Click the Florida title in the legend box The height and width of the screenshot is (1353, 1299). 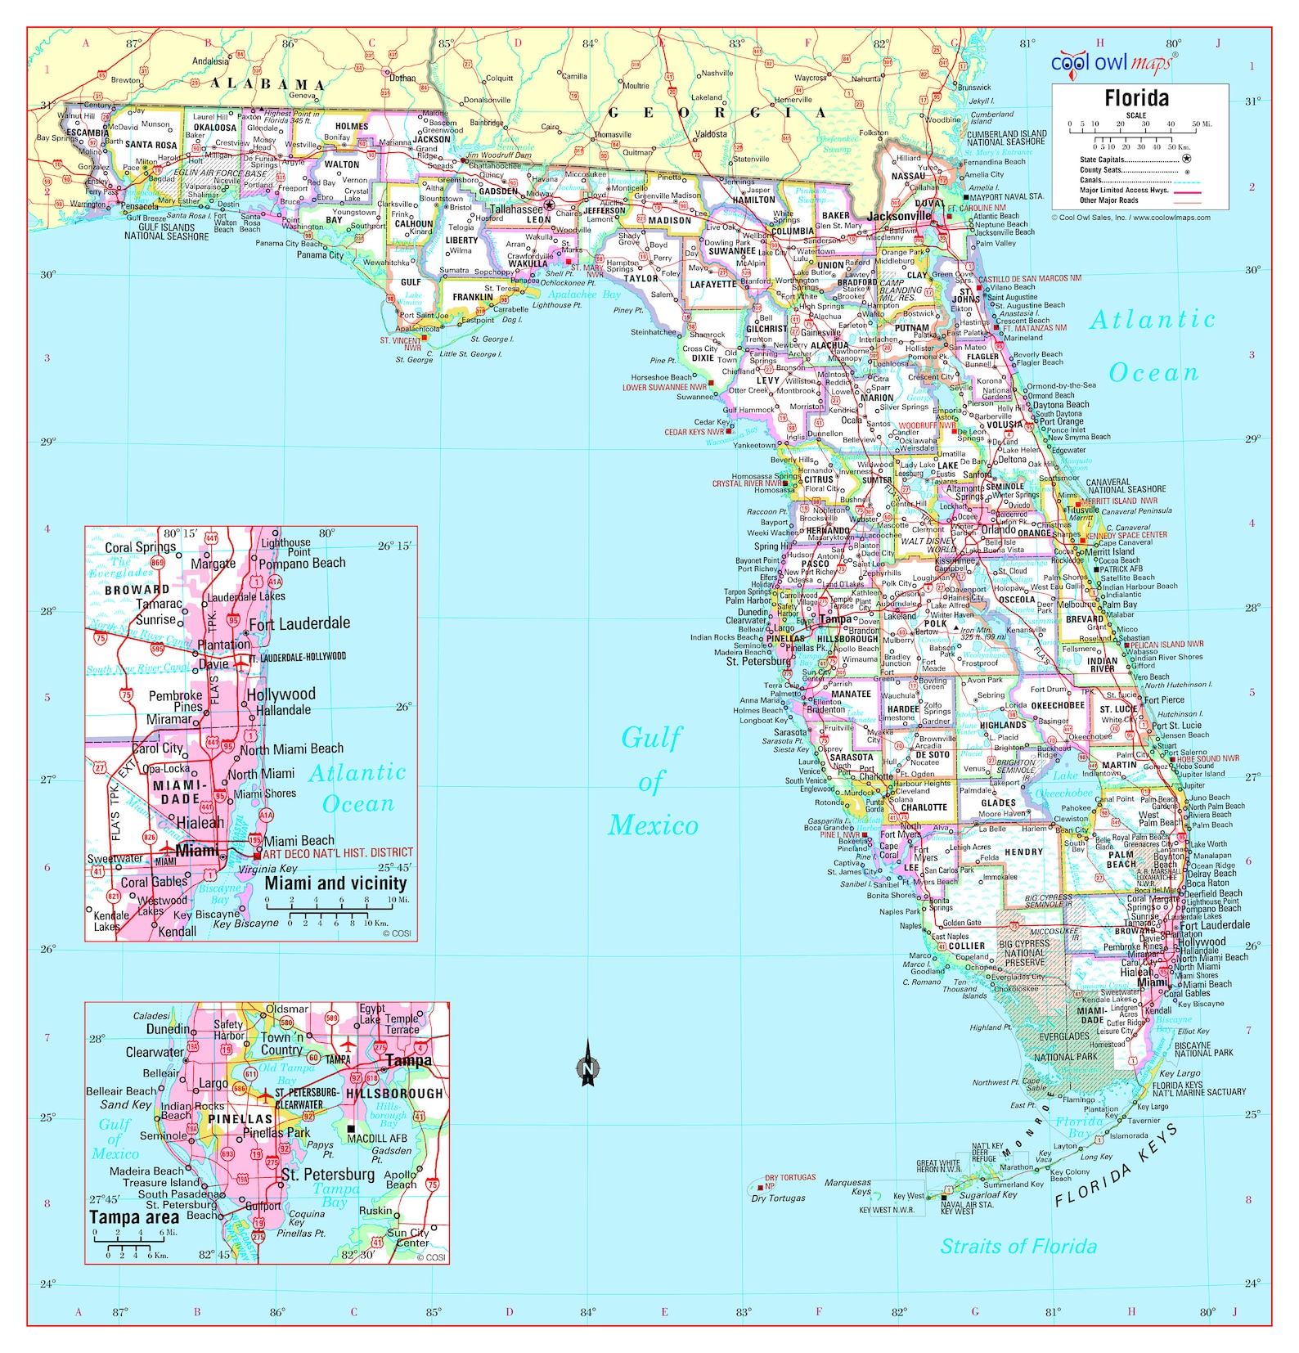click(x=1136, y=99)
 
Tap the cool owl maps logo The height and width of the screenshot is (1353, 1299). click(x=1112, y=62)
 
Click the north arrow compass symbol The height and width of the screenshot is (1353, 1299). click(x=587, y=1064)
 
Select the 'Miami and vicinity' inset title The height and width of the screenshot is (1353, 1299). click(x=335, y=883)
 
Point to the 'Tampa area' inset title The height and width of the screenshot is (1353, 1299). click(x=134, y=1218)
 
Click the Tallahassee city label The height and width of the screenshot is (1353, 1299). click(x=516, y=209)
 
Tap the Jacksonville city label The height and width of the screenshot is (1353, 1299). click(x=899, y=216)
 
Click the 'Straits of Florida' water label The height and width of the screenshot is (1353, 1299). click(x=1018, y=1247)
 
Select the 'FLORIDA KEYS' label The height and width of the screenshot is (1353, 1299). click(x=1117, y=1166)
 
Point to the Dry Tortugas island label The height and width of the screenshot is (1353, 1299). click(x=778, y=1198)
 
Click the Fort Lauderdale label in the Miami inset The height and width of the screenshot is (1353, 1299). click(x=299, y=624)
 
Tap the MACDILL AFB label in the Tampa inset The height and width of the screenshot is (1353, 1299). click(x=377, y=1138)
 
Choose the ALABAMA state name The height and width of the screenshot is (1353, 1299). click(x=267, y=84)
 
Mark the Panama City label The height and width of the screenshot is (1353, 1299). click(x=320, y=255)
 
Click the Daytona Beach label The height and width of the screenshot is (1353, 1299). click(x=1061, y=405)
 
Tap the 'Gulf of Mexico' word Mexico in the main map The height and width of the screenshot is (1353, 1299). click(x=653, y=826)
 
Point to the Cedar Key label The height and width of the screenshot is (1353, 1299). click(x=710, y=422)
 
